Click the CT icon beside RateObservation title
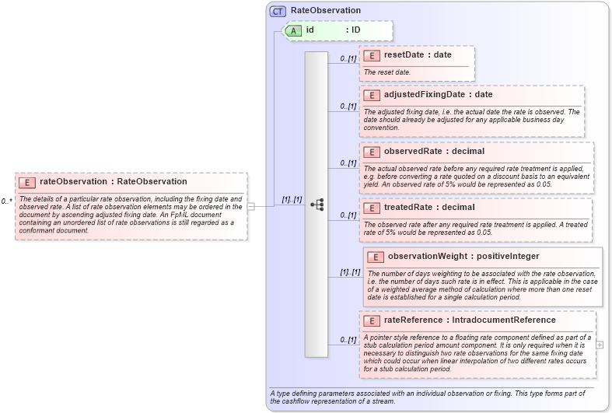[278, 11]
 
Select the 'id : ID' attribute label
[333, 30]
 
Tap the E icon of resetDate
[372, 56]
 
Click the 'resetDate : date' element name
[418, 56]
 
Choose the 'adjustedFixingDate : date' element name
[438, 95]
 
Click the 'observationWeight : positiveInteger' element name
[463, 257]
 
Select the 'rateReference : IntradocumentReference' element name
[470, 320]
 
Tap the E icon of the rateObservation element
[27, 182]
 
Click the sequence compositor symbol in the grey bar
[316, 205]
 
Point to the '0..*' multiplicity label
[7, 201]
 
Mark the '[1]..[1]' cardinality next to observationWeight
[349, 272]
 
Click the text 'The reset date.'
[387, 72]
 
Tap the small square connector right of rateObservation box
[250, 206]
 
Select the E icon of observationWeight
[376, 257]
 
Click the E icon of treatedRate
[372, 208]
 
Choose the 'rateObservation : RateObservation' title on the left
[114, 182]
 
